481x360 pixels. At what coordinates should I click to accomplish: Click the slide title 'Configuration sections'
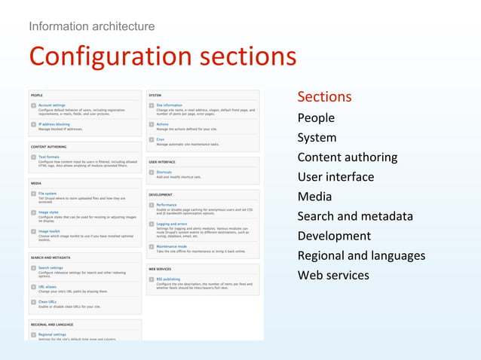point(162,56)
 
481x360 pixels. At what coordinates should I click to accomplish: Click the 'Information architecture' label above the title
point(92,26)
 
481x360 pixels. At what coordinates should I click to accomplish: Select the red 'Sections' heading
point(324,96)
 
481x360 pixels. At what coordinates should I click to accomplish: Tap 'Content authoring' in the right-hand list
point(347,157)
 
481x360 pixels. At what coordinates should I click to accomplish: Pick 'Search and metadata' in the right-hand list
point(355,216)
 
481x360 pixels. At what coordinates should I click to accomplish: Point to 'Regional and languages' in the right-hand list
point(361,255)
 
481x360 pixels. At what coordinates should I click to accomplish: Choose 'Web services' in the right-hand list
point(333,275)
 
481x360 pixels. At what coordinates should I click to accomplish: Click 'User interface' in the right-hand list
point(335,177)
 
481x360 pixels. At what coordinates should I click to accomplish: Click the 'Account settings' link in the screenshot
point(52,105)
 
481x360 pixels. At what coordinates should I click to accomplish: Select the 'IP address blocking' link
point(54,124)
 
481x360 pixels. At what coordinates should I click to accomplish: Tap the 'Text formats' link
point(49,157)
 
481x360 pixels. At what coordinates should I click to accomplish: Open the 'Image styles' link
point(49,212)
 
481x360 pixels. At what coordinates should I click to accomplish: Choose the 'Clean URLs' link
point(47,302)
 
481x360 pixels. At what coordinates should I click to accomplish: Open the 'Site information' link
point(170,105)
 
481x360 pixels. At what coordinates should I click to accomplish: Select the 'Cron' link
point(161,139)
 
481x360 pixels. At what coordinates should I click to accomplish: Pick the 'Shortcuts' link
point(165,172)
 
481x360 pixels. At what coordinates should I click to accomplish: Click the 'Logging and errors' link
point(172,224)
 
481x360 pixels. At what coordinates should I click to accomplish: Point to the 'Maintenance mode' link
point(172,246)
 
